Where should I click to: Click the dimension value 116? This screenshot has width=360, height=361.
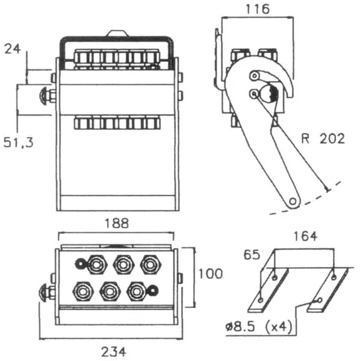pyautogui.click(x=258, y=9)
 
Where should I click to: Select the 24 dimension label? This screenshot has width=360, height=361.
pyautogui.click(x=13, y=49)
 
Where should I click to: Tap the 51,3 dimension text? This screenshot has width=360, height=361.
pyautogui.click(x=19, y=142)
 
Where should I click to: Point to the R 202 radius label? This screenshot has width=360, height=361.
pyautogui.click(x=323, y=138)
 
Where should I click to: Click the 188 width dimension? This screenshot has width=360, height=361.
pyautogui.click(x=117, y=223)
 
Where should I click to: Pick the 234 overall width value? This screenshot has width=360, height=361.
pyautogui.click(x=114, y=351)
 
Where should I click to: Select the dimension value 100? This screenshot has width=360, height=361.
pyautogui.click(x=211, y=274)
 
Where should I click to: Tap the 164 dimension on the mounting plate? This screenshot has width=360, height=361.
pyautogui.click(x=305, y=236)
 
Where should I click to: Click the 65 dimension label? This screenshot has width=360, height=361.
pyautogui.click(x=252, y=255)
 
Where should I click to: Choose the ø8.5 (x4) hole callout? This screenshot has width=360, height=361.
pyautogui.click(x=259, y=327)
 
